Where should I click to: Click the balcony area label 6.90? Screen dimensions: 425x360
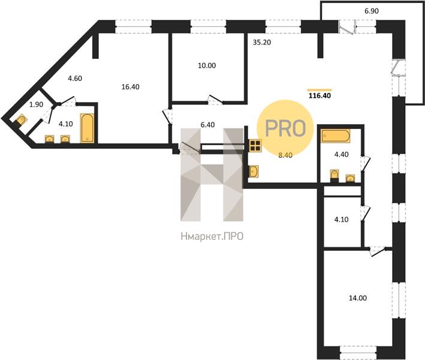click(372, 11)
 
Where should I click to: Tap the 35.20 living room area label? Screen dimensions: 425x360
click(262, 43)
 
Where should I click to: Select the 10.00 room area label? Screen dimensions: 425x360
click(207, 65)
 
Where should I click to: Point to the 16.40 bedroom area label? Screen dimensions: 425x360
click(130, 87)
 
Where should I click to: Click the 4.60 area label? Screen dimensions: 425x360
click(75, 79)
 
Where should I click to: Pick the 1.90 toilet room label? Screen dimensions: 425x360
click(36, 104)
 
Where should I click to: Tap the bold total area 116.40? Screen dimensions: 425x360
click(320, 95)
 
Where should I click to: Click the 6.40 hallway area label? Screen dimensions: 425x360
click(207, 125)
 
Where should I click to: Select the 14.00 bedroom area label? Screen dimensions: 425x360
click(358, 298)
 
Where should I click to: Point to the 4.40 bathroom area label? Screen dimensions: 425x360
click(342, 154)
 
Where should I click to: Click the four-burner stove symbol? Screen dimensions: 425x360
click(255, 145)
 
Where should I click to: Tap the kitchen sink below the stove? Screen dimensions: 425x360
click(254, 171)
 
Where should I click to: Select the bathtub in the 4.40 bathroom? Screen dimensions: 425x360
click(336, 136)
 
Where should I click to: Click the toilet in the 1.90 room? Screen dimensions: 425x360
click(21, 119)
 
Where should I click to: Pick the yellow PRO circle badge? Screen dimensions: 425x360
click(285, 128)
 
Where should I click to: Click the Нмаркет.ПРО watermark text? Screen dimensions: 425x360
click(212, 236)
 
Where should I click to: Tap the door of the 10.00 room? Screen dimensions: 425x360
click(215, 100)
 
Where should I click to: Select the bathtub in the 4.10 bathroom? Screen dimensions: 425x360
click(88, 128)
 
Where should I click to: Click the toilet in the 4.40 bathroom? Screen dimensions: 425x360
click(334, 175)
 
